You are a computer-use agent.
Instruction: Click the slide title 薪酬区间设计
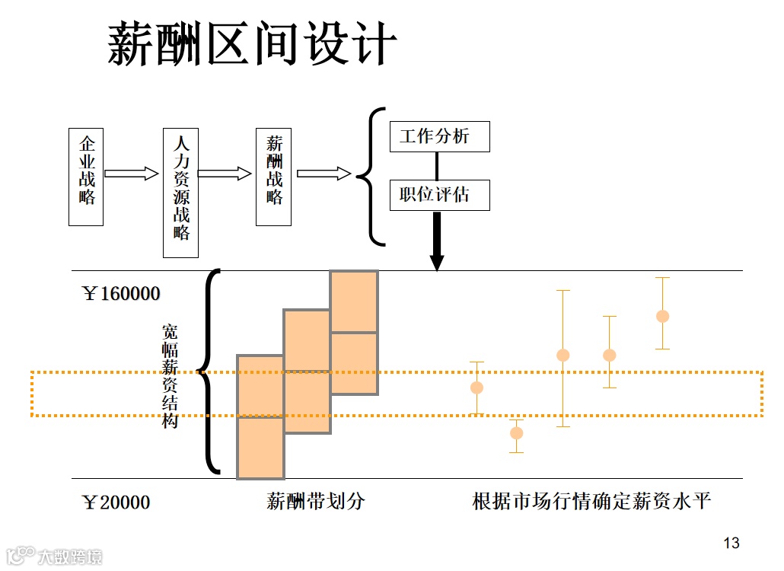251,43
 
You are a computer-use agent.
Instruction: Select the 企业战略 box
86,177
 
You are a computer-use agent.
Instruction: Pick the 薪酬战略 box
273,177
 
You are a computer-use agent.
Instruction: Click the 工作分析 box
439,137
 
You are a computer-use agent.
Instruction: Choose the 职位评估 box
439,196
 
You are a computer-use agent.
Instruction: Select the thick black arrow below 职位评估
437,241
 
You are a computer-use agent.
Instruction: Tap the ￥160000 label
122,294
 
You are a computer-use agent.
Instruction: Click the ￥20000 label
116,502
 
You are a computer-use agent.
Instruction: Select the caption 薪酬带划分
315,502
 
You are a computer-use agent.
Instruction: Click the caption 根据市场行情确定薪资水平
591,502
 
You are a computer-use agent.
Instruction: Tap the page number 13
731,543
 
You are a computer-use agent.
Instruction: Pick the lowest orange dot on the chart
516,433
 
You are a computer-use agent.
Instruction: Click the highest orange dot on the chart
662,316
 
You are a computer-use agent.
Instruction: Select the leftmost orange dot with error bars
476,388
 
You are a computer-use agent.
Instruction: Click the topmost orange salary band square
354,301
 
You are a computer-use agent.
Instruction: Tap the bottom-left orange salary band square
260,448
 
